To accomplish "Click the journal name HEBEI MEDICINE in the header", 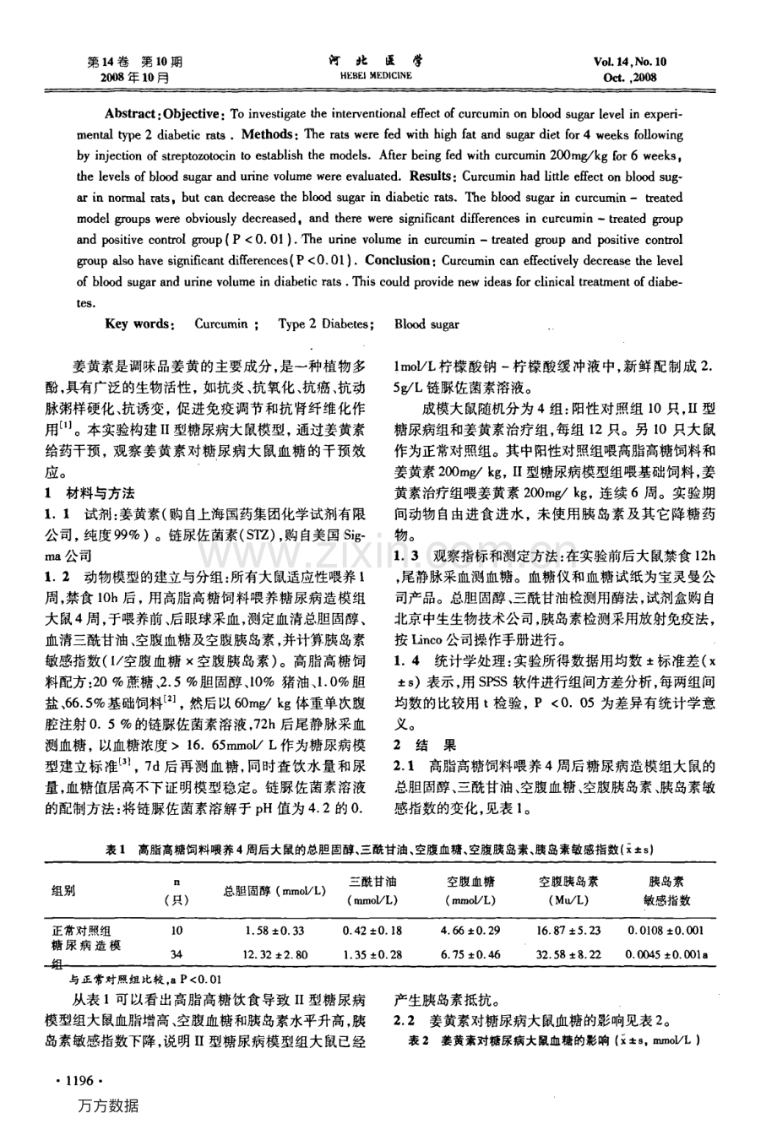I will pos(376,75).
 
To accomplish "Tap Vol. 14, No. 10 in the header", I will pos(629,62).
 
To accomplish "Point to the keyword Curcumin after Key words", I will pos(221,323).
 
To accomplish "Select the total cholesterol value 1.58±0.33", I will pos(274,930).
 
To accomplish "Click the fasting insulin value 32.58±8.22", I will pos(568,954).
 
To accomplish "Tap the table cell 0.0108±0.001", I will pos(666,930).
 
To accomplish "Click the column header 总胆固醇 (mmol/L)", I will pos(274,891).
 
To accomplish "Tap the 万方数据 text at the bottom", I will pos(107,1106).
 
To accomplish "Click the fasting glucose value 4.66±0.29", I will pos(470,930).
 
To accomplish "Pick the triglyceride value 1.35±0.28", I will pos(372,954).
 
